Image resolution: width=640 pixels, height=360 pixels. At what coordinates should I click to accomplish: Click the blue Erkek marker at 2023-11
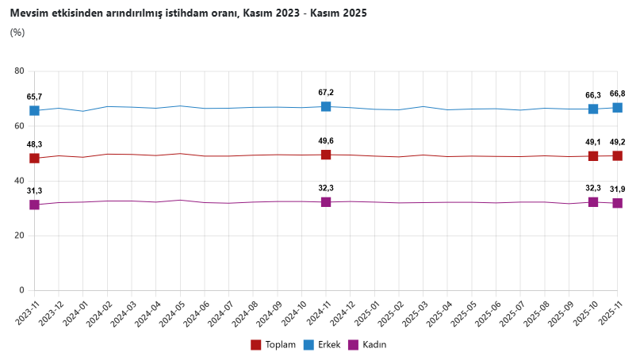34,110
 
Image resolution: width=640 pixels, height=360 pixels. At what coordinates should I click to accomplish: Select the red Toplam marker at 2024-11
326,155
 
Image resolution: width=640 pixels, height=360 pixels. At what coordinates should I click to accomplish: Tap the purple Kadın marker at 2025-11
617,203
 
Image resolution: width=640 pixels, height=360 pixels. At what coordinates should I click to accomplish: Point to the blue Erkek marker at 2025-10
593,109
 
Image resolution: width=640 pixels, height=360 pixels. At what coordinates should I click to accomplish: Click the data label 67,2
326,93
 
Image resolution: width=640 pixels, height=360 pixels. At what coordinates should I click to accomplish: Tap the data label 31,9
618,189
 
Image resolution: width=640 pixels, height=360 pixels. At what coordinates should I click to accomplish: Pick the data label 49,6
326,140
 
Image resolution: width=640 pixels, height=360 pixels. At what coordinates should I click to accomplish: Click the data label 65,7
34,97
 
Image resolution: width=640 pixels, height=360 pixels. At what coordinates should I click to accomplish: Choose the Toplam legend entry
274,344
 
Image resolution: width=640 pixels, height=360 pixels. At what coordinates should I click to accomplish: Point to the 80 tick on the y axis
19,71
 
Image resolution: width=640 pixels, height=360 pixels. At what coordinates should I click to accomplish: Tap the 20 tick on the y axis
19,236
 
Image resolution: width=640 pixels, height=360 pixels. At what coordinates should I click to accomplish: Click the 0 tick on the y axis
21,291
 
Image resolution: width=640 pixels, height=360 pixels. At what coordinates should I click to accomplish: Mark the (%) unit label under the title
17,33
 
